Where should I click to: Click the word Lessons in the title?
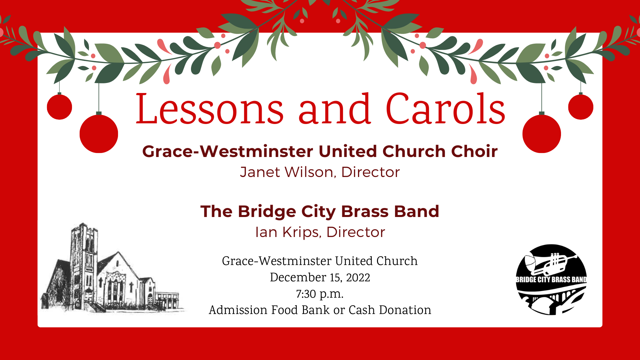pyautogui.click(x=210, y=109)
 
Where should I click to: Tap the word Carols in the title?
pyautogui.click(x=446, y=109)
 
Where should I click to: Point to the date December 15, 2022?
pyautogui.click(x=320, y=277)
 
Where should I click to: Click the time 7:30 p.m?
pyautogui.click(x=320, y=294)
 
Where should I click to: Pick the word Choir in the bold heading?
pyautogui.click(x=474, y=151)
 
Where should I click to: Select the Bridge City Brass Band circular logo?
pyautogui.click(x=551, y=280)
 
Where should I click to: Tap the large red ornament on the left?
pyautogui.click(x=99, y=134)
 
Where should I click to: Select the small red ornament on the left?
pyautogui.click(x=59, y=107)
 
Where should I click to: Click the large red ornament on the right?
pyautogui.click(x=542, y=134)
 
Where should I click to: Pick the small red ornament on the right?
pyautogui.click(x=581, y=107)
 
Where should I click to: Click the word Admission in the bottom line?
pyautogui.click(x=238, y=310)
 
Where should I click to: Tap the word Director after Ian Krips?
pyautogui.click(x=356, y=232)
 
